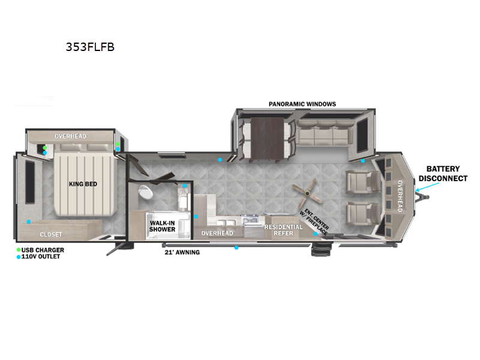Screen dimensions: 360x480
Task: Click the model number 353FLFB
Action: coord(90,47)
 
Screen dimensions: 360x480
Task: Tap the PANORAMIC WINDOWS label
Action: coord(302,104)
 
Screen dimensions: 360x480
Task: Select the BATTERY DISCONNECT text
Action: coord(443,173)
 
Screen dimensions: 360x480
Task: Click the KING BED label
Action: coord(83,184)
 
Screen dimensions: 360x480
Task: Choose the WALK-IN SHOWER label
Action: coord(162,226)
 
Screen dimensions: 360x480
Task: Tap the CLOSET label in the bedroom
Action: coord(51,234)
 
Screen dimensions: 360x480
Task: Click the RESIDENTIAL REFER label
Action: coord(283,230)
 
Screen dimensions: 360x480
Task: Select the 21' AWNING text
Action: coord(182,252)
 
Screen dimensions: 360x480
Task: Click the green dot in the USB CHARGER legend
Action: coord(19,250)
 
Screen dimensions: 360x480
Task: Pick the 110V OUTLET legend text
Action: coord(43,257)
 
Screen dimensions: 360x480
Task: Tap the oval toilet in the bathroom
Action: coord(145,192)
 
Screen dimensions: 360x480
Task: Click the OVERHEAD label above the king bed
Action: coord(71,136)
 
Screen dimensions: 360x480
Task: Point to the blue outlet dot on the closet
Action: coord(28,222)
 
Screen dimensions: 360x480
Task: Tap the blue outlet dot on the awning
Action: coord(236,247)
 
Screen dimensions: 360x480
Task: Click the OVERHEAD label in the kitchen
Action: coord(217,233)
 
